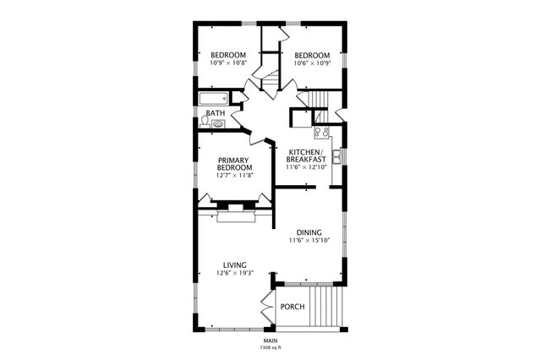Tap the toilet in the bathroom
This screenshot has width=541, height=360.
point(205,121)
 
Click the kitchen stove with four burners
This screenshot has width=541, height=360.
point(322,132)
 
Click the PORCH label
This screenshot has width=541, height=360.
point(292,306)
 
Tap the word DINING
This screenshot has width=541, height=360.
point(308,232)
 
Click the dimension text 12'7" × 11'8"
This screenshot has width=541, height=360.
point(235,175)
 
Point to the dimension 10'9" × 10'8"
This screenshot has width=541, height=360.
point(228,63)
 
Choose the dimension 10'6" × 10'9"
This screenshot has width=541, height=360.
point(311,63)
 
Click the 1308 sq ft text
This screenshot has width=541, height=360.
point(270,347)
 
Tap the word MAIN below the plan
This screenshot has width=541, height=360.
point(270,340)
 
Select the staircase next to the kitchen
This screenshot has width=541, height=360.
point(318,99)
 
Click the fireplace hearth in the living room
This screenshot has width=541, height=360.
point(235,217)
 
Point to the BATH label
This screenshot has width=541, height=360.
point(216,112)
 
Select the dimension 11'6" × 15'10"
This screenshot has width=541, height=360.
point(308,241)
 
